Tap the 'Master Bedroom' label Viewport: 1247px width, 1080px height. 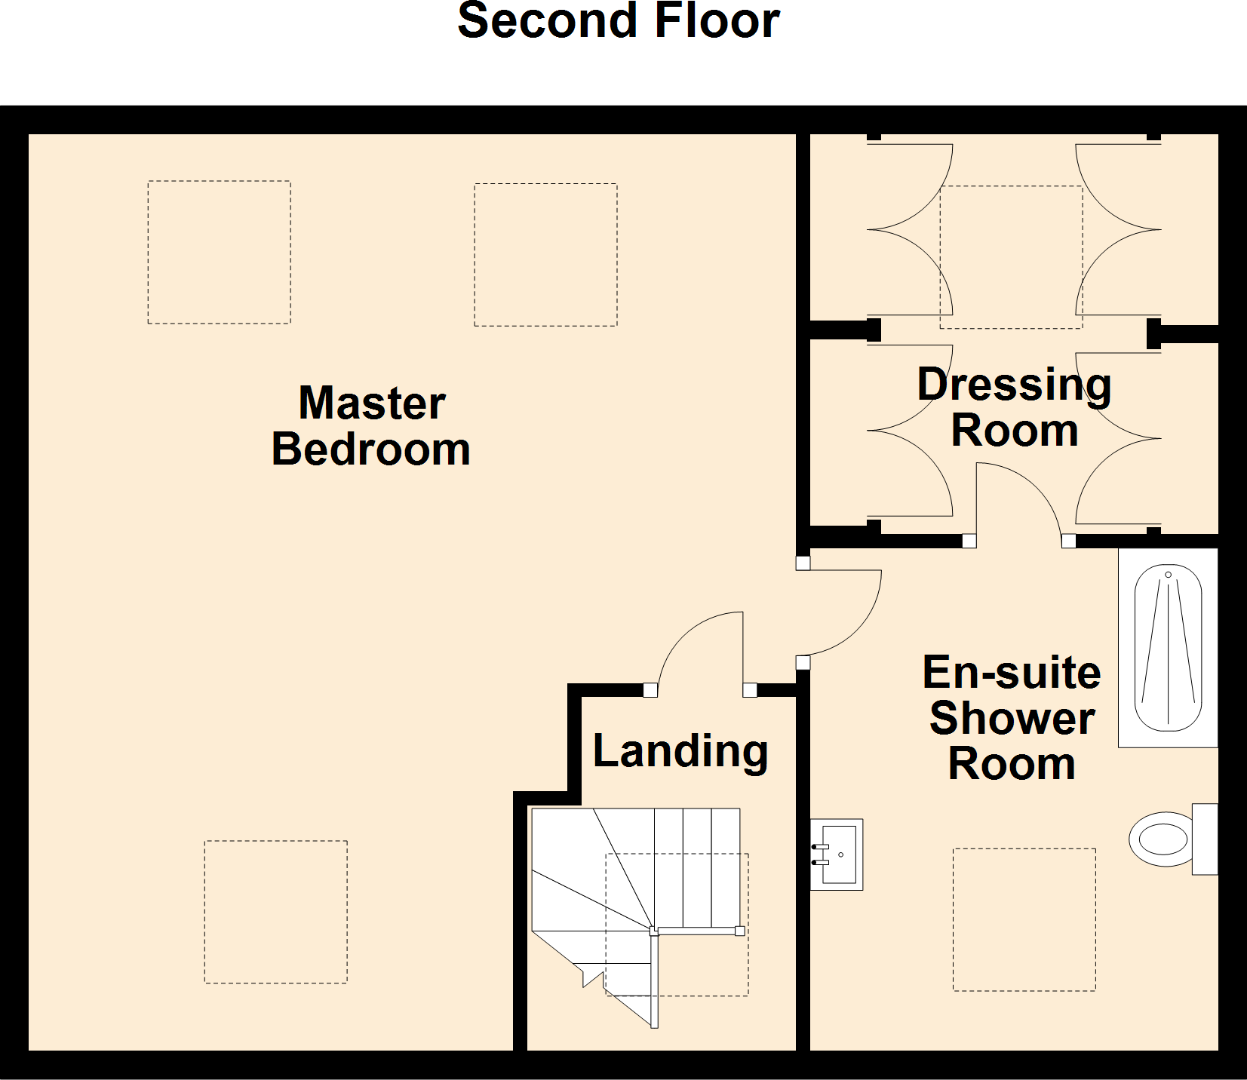[x=371, y=426]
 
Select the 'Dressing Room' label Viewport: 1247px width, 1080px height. [x=1015, y=407]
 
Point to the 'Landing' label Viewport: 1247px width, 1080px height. [x=680, y=751]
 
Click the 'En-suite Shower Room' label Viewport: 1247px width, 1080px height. [x=1012, y=718]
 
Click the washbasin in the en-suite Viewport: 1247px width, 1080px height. [x=837, y=854]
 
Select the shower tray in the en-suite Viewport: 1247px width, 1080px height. [x=1168, y=648]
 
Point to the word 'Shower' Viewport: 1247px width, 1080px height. [x=1012, y=718]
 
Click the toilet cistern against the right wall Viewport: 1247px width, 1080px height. [x=1205, y=839]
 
